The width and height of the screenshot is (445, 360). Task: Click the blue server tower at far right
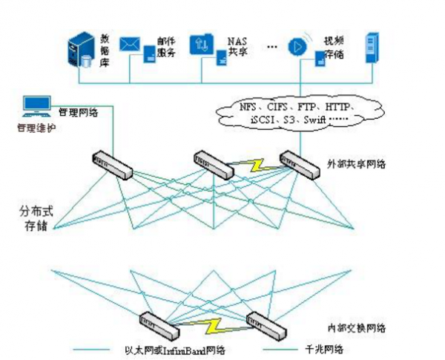pos(372,46)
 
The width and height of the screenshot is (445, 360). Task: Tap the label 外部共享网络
pos(352,162)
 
